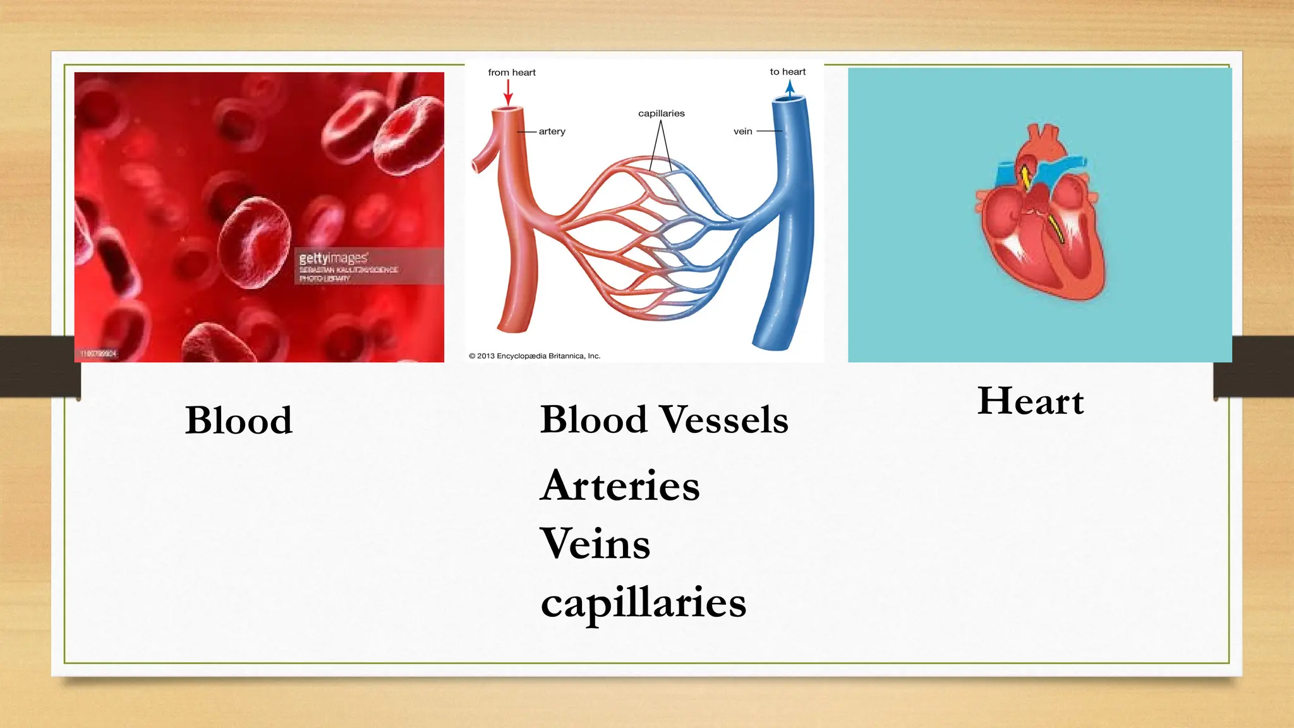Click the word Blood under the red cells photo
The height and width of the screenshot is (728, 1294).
(x=239, y=420)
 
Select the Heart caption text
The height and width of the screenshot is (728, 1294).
(x=1031, y=401)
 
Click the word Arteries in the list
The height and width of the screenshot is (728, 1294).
(x=620, y=485)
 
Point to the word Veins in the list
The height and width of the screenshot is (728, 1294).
(x=595, y=543)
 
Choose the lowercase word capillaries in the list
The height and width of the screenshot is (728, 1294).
(x=643, y=602)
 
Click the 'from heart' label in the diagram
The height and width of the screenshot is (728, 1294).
(x=511, y=73)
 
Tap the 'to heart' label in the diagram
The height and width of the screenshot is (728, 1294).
(x=787, y=72)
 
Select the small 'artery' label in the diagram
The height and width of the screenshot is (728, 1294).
(x=552, y=131)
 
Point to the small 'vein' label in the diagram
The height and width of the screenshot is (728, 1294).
(x=742, y=131)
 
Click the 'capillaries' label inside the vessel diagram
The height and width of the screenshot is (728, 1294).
(x=661, y=114)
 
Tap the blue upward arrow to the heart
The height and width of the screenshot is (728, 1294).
(x=790, y=87)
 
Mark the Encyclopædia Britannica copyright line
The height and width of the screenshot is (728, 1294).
(x=535, y=356)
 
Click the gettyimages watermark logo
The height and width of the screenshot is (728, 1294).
(x=333, y=258)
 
